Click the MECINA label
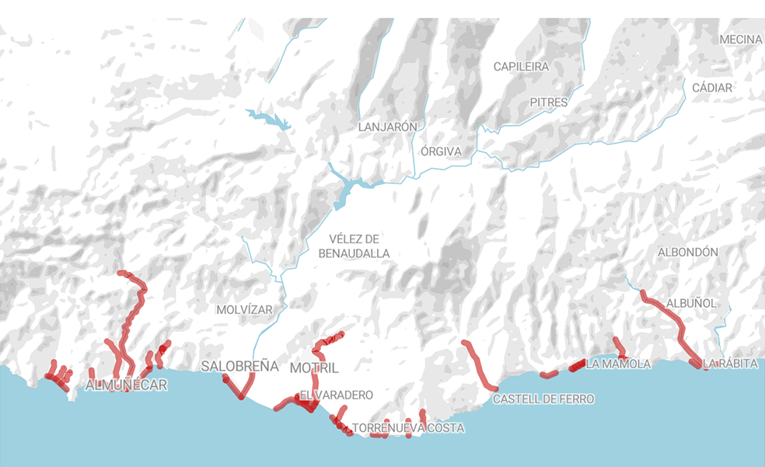click(x=740, y=40)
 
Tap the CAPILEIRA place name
click(x=521, y=67)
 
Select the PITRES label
click(x=549, y=102)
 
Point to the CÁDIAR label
click(x=712, y=88)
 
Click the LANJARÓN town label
click(x=388, y=127)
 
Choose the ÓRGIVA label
click(x=441, y=151)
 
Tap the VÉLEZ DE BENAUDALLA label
click(x=354, y=246)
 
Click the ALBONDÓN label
click(x=688, y=253)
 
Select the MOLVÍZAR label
click(x=245, y=309)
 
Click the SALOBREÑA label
click(x=239, y=365)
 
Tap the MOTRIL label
click(x=314, y=367)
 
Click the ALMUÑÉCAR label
click(x=127, y=385)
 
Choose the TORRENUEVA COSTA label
click(x=408, y=428)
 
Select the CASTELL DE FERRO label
click(x=543, y=399)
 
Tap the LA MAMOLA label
click(x=618, y=364)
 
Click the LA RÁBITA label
click(x=729, y=363)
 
